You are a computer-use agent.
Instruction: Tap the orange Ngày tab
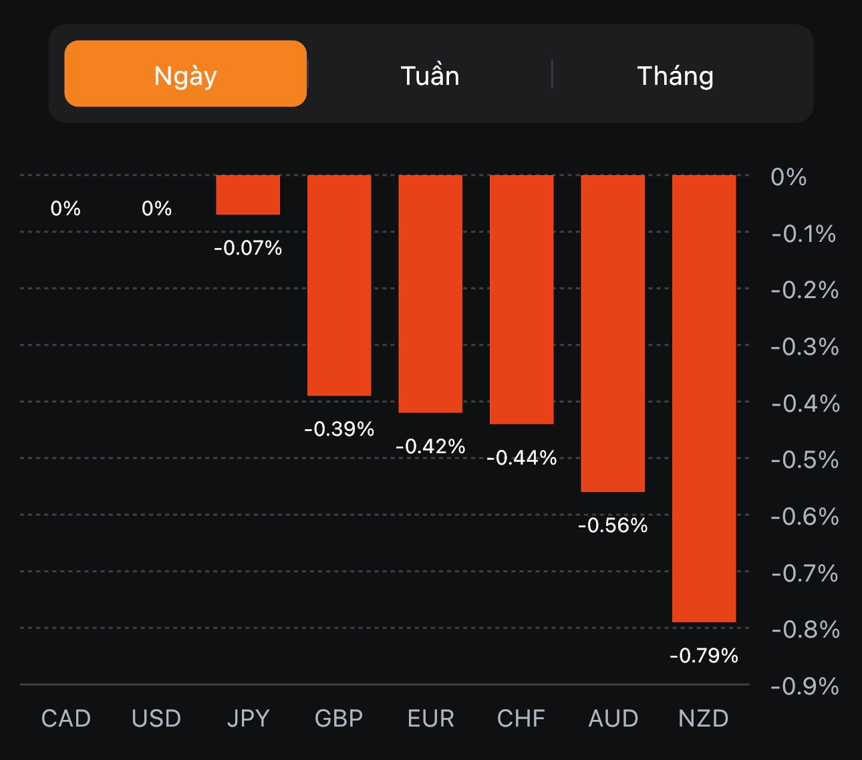[x=185, y=74]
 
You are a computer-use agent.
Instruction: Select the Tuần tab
[x=430, y=75]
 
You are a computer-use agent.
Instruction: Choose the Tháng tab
[x=675, y=75]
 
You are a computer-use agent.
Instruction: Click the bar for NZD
[x=704, y=398]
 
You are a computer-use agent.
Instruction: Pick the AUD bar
[x=613, y=333]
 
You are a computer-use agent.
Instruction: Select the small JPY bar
[x=248, y=195]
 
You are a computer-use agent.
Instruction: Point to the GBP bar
[x=339, y=285]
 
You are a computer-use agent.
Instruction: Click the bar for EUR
[x=430, y=293]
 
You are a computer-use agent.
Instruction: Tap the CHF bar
[x=521, y=299]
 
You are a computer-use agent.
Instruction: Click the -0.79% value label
[x=704, y=656]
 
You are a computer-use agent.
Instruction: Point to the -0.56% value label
[x=613, y=526]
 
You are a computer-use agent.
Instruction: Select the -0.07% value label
[x=248, y=249]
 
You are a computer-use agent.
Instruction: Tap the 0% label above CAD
[x=65, y=209]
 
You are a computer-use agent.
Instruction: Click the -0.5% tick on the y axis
[x=805, y=460]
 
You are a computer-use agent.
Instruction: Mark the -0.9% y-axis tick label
[x=805, y=686]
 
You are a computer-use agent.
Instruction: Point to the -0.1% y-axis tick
[x=803, y=234]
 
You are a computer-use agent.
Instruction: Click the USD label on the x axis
[x=156, y=719]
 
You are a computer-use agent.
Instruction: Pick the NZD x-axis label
[x=703, y=719]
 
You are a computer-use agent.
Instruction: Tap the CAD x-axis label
[x=65, y=719]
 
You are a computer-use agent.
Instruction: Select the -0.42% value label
[x=430, y=447]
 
